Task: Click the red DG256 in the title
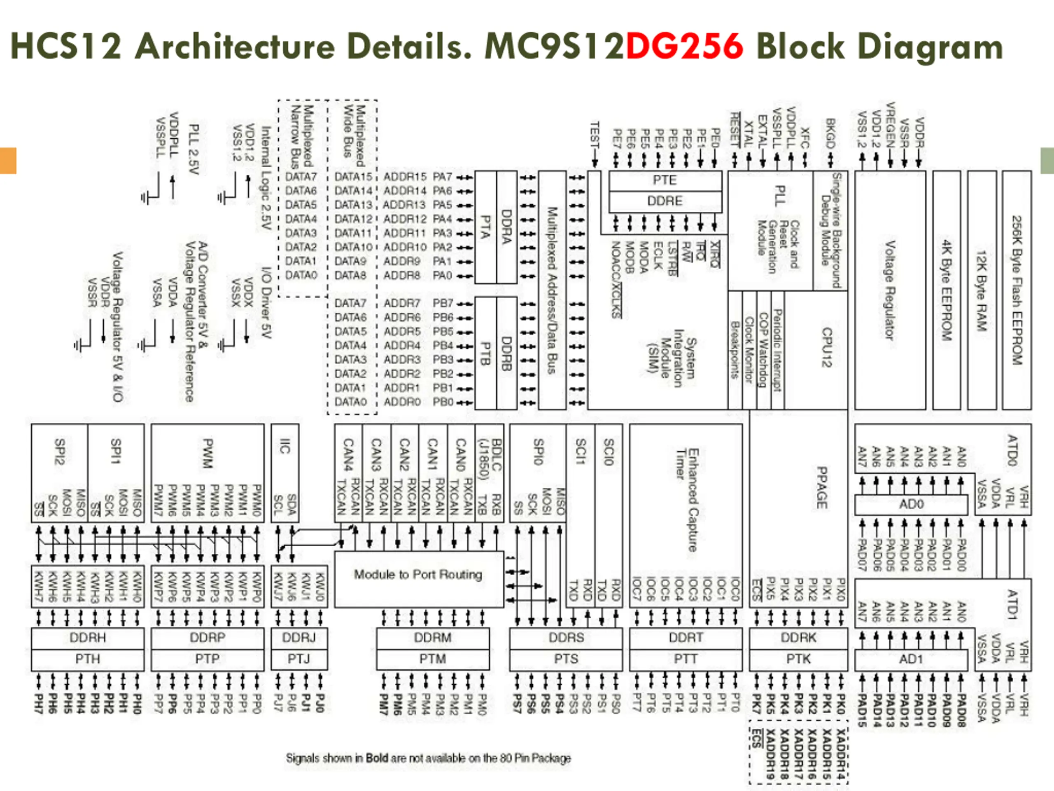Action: (684, 46)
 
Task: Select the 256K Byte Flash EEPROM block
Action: (1017, 290)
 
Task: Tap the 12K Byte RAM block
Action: (982, 290)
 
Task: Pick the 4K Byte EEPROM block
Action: (946, 290)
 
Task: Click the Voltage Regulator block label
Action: (889, 290)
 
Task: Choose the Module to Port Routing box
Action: (418, 575)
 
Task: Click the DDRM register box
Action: (433, 638)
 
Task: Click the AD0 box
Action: (911, 504)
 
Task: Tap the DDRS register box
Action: (566, 638)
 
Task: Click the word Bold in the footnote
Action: (376, 758)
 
